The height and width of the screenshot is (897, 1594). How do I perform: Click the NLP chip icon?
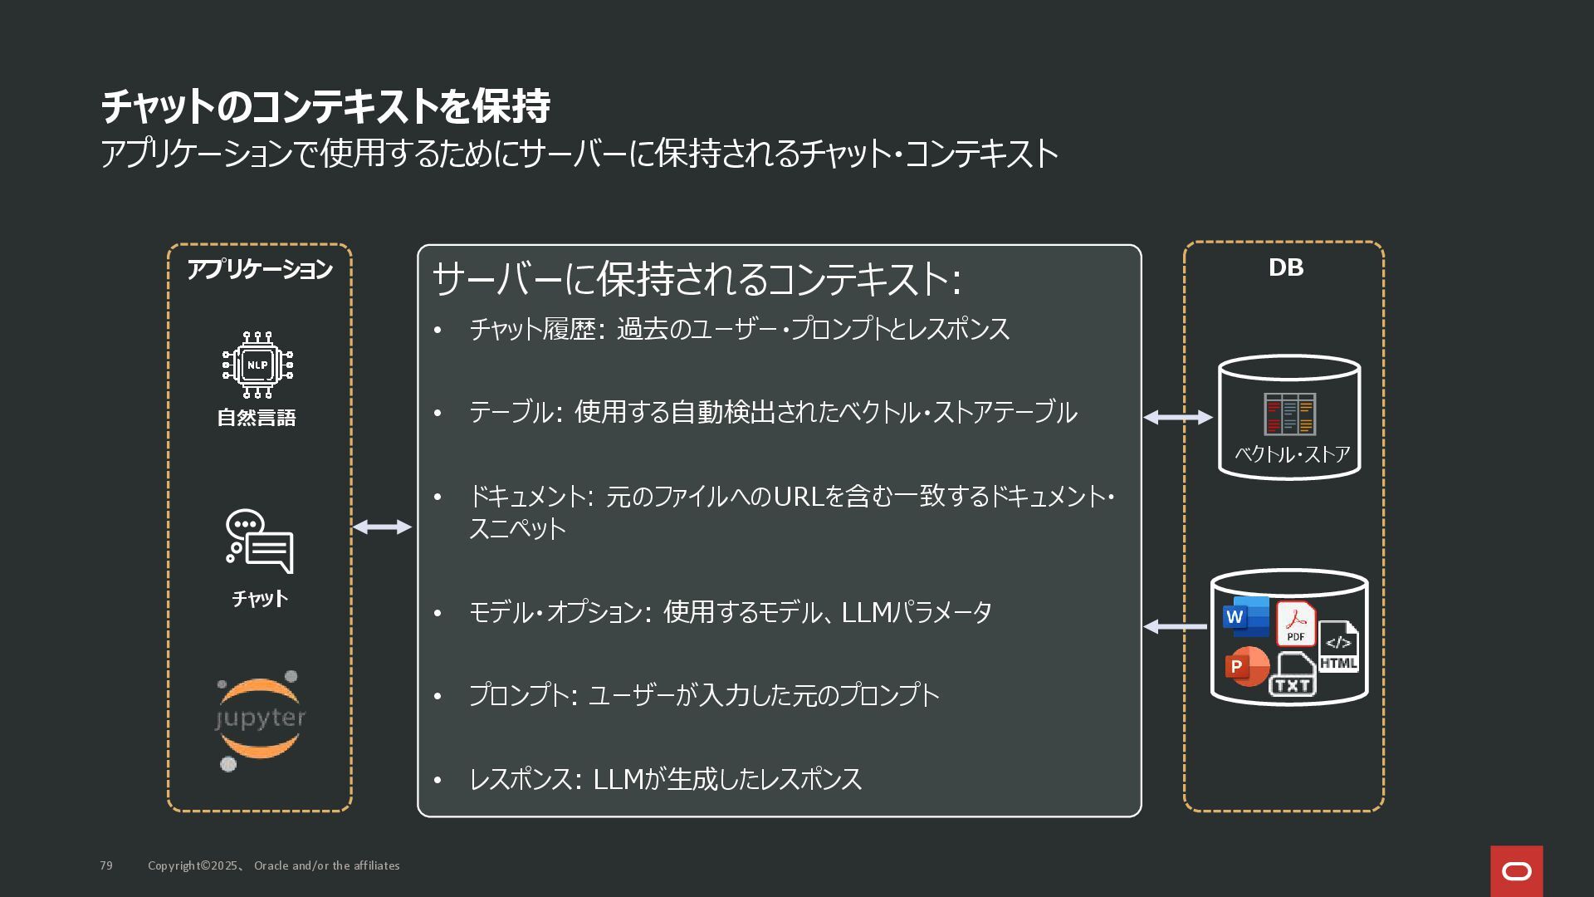pyautogui.click(x=257, y=365)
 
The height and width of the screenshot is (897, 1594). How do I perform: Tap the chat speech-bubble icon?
pyautogui.click(x=260, y=541)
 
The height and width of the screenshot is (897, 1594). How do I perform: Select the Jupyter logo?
pyautogui.click(x=260, y=719)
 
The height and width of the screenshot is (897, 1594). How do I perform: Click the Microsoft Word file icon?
pyautogui.click(x=1244, y=616)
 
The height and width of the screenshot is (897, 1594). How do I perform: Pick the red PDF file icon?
pyautogui.click(x=1295, y=624)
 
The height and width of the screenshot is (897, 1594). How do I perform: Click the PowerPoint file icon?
pyautogui.click(x=1246, y=665)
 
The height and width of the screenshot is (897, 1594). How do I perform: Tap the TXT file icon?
pyautogui.click(x=1293, y=674)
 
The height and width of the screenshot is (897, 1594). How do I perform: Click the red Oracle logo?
pyautogui.click(x=1516, y=870)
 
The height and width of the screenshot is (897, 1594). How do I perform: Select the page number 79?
pyautogui.click(x=106, y=865)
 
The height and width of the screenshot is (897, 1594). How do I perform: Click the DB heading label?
pyautogui.click(x=1285, y=267)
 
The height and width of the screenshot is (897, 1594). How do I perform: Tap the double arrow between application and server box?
pyautogui.click(x=382, y=527)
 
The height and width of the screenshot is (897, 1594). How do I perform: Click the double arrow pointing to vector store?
pyautogui.click(x=1177, y=417)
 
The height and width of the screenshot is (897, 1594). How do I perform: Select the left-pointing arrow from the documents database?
pyautogui.click(x=1176, y=626)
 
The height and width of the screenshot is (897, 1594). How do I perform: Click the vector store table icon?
pyautogui.click(x=1289, y=414)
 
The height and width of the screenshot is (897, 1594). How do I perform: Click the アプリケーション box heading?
pyautogui.click(x=260, y=269)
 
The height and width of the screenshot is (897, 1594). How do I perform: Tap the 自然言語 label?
pyautogui.click(x=257, y=418)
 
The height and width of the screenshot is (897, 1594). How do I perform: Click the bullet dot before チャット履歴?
pyautogui.click(x=438, y=330)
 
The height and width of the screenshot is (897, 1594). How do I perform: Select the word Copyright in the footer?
pyautogui.click(x=174, y=865)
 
